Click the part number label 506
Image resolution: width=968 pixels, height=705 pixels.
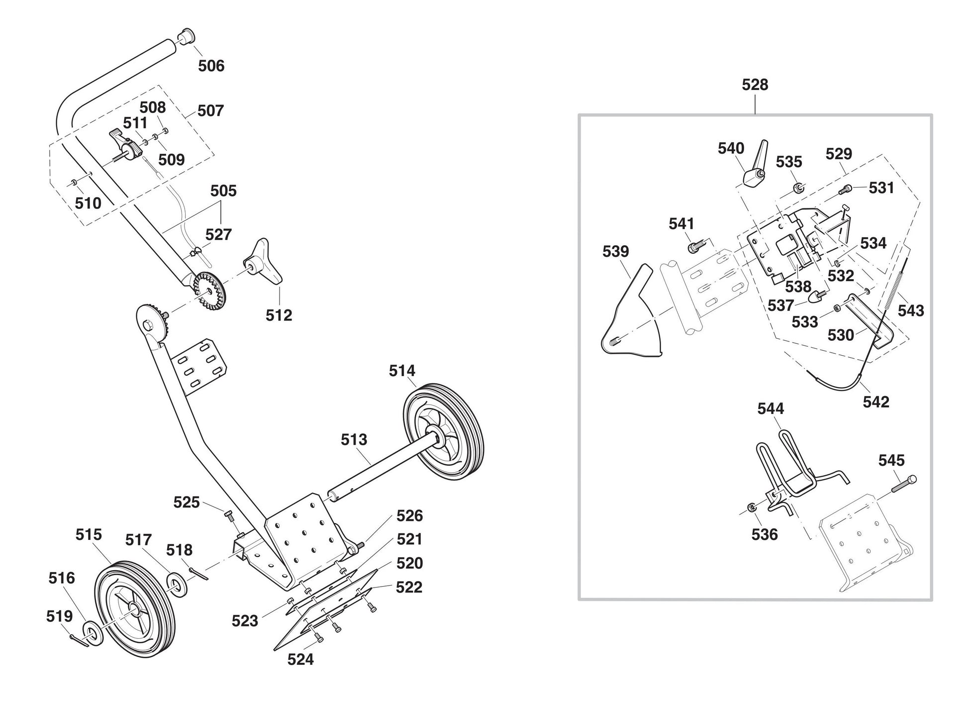coord(211,66)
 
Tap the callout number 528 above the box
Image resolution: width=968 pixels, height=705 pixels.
coord(755,85)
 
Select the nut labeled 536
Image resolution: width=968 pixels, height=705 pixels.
coord(752,507)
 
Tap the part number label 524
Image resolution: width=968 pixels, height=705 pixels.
coord(300,659)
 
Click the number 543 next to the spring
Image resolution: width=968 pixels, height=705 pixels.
coord(910,310)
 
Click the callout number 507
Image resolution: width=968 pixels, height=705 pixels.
coord(210,110)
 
